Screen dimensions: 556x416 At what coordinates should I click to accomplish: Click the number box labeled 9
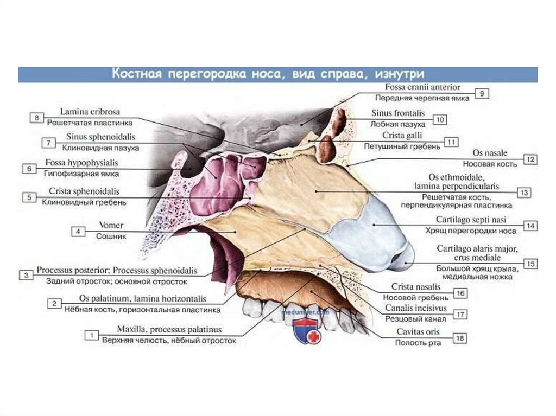pyautogui.click(x=481, y=93)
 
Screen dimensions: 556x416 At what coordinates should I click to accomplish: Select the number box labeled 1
pyautogui.click(x=92, y=335)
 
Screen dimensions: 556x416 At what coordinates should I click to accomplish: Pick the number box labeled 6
pyautogui.click(x=29, y=169)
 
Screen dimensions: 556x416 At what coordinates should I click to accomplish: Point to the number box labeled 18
pyautogui.click(x=460, y=338)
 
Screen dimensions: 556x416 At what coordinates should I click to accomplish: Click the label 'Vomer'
pyautogui.click(x=111, y=225)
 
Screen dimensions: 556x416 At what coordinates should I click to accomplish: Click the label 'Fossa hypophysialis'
pyautogui.click(x=81, y=162)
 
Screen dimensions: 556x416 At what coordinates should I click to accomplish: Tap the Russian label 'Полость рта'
pyautogui.click(x=418, y=343)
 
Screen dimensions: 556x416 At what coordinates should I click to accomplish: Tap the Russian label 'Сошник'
pyautogui.click(x=111, y=236)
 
